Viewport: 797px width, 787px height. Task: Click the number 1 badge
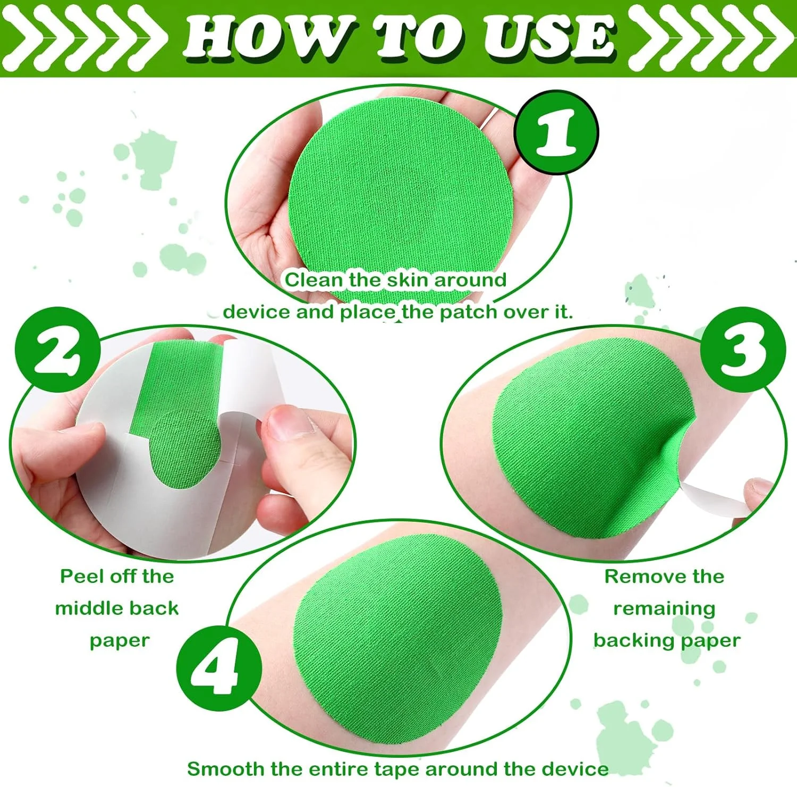click(556, 132)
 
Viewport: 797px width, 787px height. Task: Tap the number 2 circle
click(58, 350)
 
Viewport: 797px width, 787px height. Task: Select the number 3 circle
click(743, 350)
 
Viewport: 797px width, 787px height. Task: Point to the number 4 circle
click(219, 668)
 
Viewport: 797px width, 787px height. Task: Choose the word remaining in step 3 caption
click(664, 609)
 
